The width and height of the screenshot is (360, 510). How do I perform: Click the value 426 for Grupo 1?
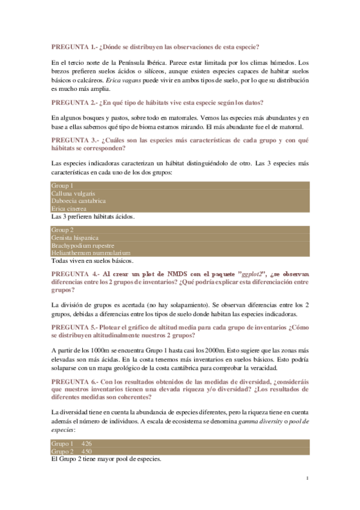tap(87, 443)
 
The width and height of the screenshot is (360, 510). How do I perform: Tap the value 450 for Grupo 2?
tap(87, 451)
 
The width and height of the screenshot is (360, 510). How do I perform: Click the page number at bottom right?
tap(307, 478)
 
